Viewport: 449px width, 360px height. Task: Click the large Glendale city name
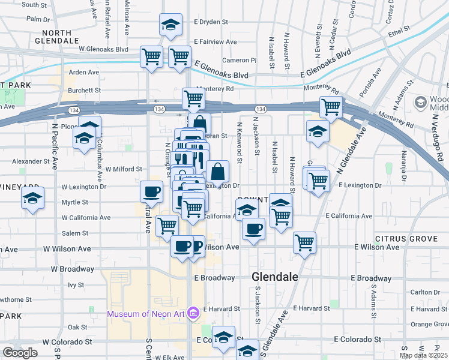(x=275, y=277)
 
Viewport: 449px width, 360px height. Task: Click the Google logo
(x=20, y=353)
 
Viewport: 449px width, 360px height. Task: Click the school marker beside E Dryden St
(x=171, y=25)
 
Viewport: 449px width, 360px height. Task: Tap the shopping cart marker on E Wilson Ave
(x=305, y=242)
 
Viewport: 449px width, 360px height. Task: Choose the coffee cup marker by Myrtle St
(x=151, y=191)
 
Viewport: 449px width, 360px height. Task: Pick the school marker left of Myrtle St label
(x=33, y=199)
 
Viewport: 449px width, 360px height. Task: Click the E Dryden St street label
(x=211, y=22)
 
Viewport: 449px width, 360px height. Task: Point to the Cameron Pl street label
(x=239, y=60)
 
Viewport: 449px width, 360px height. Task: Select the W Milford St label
(x=124, y=169)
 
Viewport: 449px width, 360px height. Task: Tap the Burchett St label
(x=84, y=91)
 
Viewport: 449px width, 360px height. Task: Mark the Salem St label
(x=76, y=233)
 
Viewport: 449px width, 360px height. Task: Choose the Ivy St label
(x=76, y=285)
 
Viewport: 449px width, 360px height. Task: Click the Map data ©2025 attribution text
(x=424, y=355)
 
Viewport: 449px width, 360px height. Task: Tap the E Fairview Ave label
(x=215, y=42)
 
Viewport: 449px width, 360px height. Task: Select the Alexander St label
(x=31, y=161)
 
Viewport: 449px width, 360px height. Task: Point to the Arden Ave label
(x=84, y=72)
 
